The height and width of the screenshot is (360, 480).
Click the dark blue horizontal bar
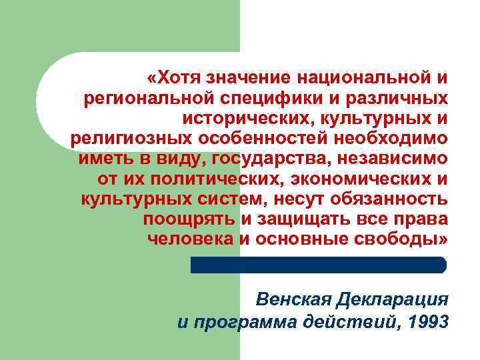click(319, 265)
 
